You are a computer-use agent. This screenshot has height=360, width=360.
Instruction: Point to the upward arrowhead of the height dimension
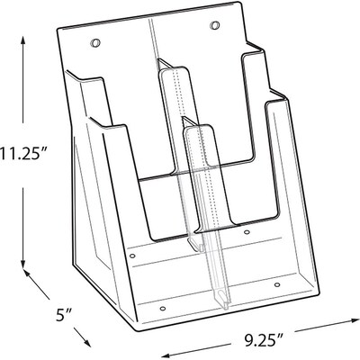22,41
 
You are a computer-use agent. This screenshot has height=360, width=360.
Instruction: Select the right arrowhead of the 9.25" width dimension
350,321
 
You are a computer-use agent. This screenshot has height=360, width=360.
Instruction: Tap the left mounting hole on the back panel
94,43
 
